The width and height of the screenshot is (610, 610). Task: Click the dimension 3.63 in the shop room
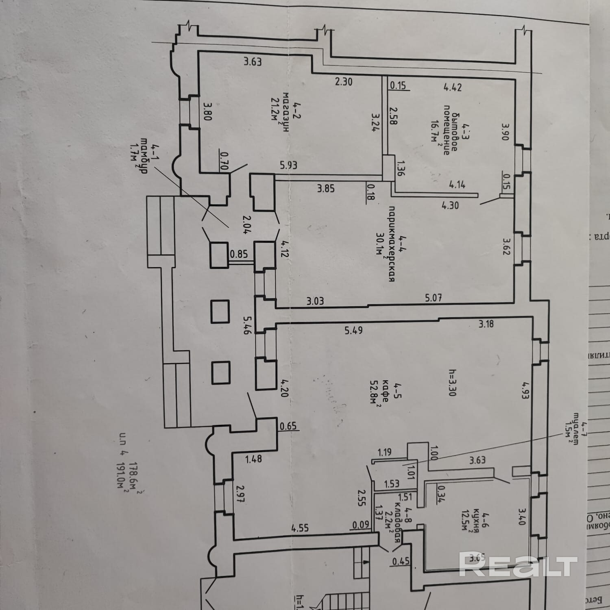[x=252, y=62]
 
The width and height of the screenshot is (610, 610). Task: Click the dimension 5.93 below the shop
[x=288, y=165]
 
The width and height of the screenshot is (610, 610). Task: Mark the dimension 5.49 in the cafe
[x=353, y=330]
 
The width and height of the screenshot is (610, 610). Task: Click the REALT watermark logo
[x=518, y=564]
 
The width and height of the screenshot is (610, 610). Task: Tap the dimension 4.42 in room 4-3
[x=453, y=87]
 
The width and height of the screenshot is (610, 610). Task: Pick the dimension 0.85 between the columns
[x=239, y=255]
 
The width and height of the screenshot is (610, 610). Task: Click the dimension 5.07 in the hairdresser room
[x=433, y=298]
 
